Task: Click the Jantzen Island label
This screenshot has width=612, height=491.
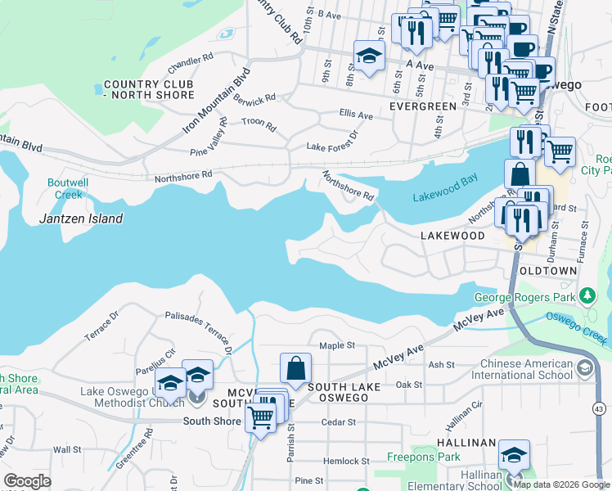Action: click(x=81, y=218)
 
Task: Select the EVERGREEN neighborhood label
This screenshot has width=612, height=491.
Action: click(x=422, y=106)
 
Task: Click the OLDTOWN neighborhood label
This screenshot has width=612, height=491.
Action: click(x=547, y=270)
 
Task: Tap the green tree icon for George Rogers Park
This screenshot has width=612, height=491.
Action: click(x=586, y=295)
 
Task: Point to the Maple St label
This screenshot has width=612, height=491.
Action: click(x=336, y=346)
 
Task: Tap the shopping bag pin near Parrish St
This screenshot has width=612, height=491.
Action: click(x=295, y=369)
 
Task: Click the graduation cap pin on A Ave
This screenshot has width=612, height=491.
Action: click(x=370, y=56)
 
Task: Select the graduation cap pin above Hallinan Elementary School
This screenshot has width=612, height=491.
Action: click(x=514, y=455)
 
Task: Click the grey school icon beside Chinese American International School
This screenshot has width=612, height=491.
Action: click(x=584, y=369)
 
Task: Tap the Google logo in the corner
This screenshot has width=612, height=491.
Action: click(x=27, y=481)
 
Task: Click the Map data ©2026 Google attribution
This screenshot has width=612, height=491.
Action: click(x=561, y=484)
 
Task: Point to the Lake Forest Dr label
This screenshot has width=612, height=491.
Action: click(x=332, y=141)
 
